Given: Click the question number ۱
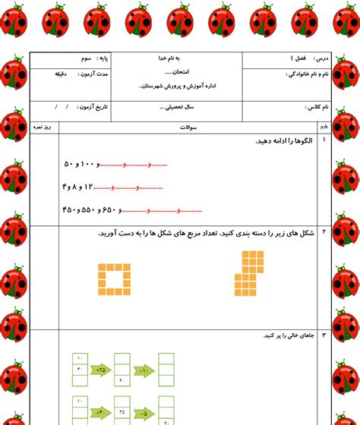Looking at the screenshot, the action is pyautogui.click(x=324, y=140).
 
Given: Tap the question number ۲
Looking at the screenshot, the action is pyautogui.click(x=324, y=231).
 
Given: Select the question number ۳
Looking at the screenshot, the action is pyautogui.click(x=324, y=335).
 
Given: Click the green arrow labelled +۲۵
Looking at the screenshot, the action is pyautogui.click(x=100, y=370).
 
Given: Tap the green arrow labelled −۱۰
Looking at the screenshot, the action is pyautogui.click(x=144, y=370).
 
